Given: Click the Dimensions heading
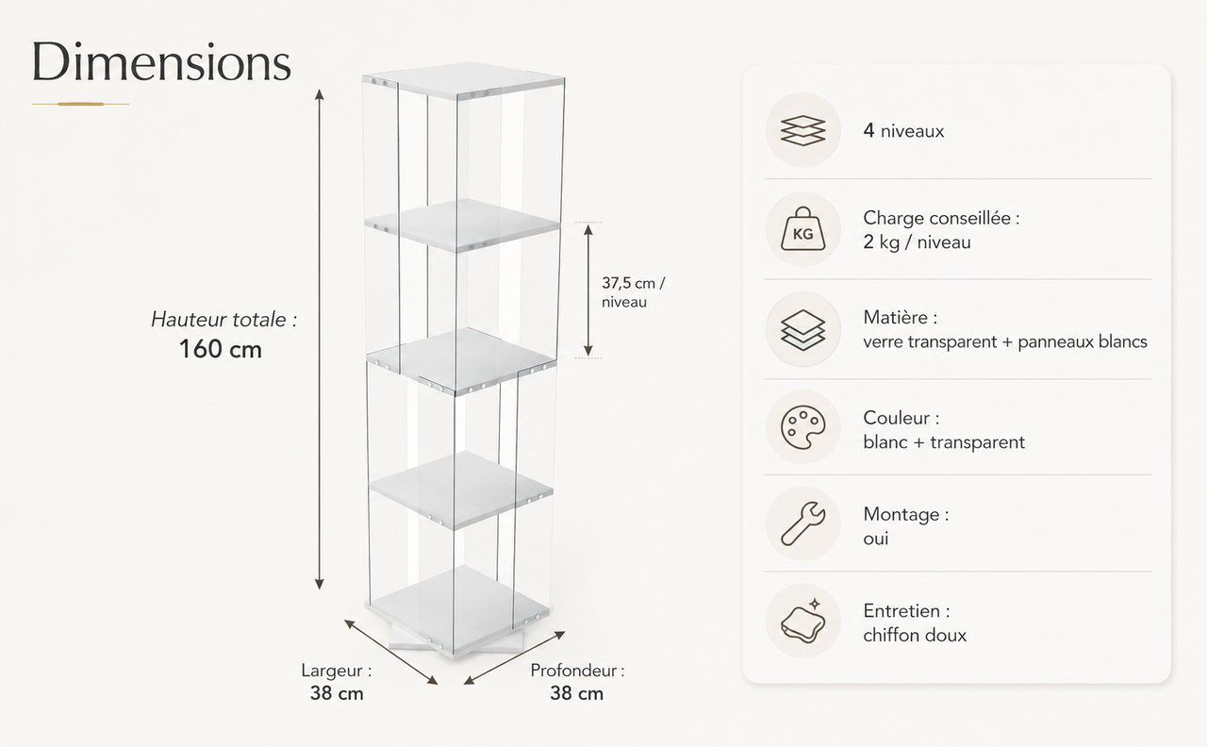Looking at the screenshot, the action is coord(161,62).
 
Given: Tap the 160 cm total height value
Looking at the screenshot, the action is coord(221,349).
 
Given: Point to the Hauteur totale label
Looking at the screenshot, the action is coord(223,320).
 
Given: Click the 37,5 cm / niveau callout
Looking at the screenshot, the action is coord(633,292).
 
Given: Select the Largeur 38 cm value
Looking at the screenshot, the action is coord(337,693).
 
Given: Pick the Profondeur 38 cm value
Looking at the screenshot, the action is coord(576,693).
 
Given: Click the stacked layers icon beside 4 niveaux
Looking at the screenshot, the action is coord(802,130).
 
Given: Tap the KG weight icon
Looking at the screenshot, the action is coord(802,229).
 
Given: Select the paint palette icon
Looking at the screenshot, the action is coord(802,427).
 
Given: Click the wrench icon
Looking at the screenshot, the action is coord(802,523).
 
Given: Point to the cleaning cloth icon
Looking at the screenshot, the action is coord(802,621).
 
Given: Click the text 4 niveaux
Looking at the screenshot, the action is coord(903,131).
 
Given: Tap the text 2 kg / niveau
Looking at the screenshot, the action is coord(918,242).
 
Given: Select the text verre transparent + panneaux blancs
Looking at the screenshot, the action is coord(1005,341).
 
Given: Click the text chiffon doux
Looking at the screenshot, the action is coord(915,635).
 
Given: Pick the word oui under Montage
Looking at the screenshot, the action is coord(876,539).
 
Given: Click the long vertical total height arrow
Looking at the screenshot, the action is coord(319,339).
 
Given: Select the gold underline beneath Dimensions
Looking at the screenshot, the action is coord(81,104).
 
